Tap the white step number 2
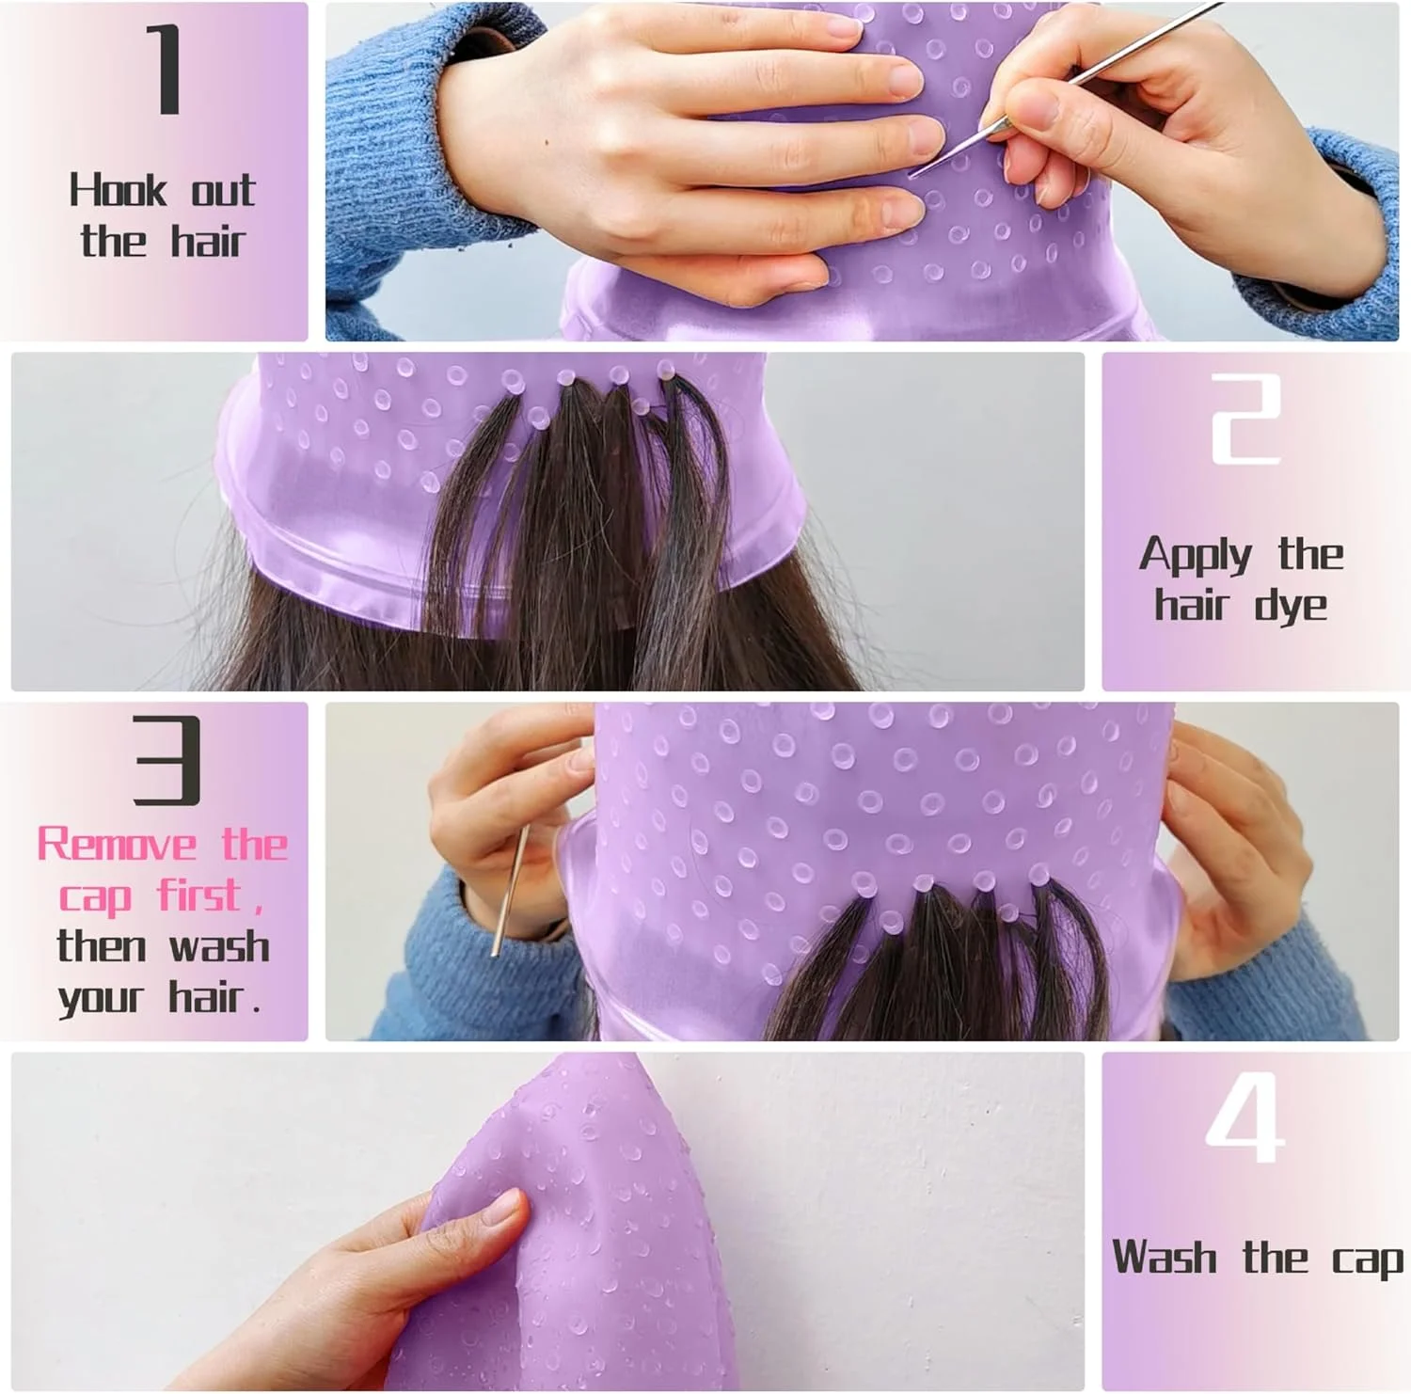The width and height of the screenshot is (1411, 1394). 1245,420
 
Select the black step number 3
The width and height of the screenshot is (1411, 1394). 166,760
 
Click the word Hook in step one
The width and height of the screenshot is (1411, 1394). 117,190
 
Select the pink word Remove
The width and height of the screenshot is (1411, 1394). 117,844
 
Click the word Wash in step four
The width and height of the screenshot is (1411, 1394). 1165,1258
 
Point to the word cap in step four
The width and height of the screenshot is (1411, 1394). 1368,1261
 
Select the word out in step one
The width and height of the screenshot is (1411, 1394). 223,191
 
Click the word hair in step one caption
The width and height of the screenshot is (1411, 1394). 207,241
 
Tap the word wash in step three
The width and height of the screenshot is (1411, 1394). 218,946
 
